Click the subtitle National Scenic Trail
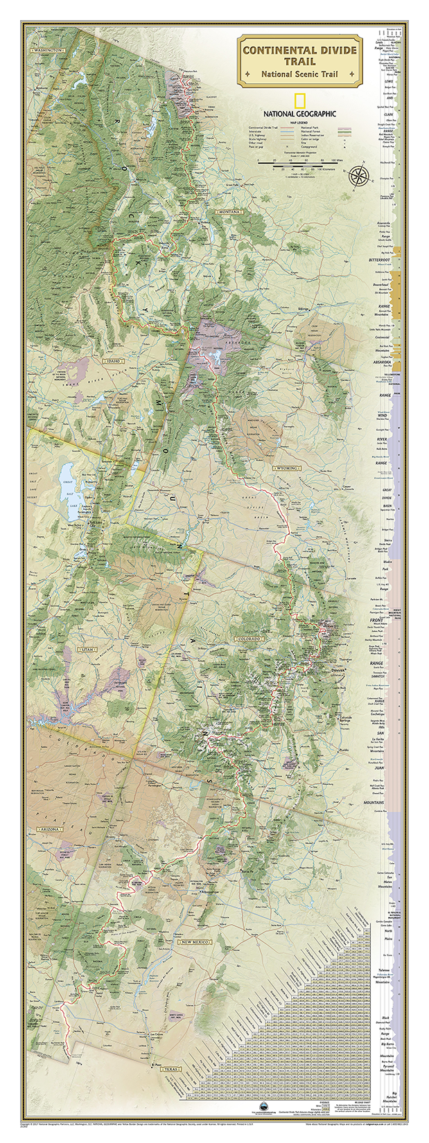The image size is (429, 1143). coord(299,74)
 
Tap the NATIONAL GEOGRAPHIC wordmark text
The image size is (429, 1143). coord(299,114)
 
